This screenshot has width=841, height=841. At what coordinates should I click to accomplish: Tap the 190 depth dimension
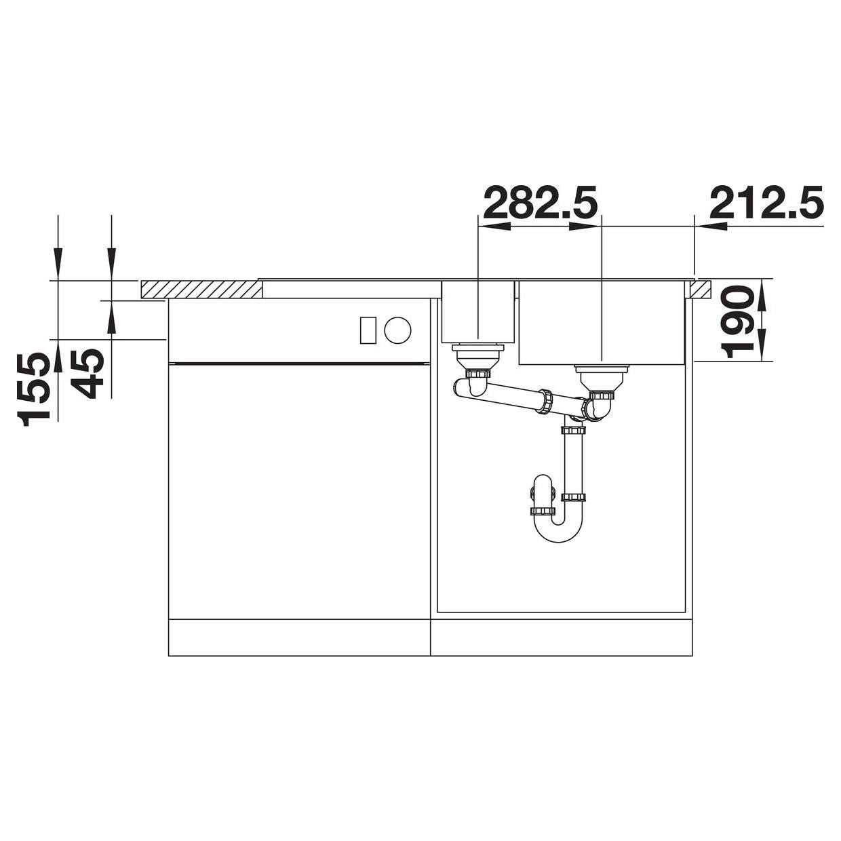pos(737,321)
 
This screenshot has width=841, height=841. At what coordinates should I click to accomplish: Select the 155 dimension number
pos(33,389)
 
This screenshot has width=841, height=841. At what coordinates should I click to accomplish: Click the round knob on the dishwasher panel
pos(397,330)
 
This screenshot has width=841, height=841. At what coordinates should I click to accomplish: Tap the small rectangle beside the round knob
pos(368,330)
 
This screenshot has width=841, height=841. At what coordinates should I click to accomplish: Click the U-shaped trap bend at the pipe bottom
pos(559,530)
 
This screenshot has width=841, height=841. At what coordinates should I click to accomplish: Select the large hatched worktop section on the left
pos(201,290)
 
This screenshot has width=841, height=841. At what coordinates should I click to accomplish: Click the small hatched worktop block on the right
pos(701,290)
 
